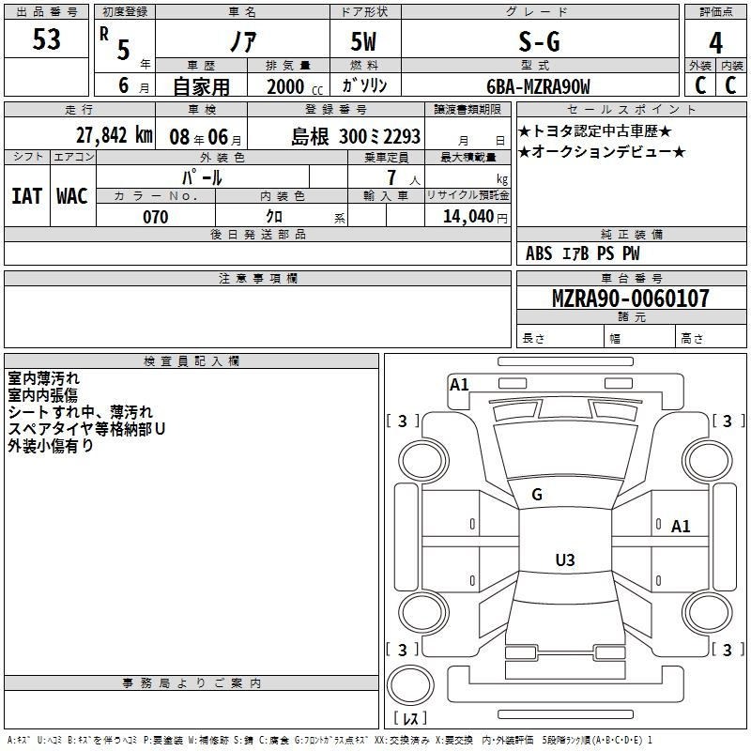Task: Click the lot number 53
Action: pyautogui.click(x=46, y=40)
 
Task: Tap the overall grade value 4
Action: pyautogui.click(x=715, y=43)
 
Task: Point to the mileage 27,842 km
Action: pyautogui.click(x=114, y=135)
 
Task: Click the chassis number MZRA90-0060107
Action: pyautogui.click(x=630, y=299)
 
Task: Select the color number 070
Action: pyautogui.click(x=155, y=217)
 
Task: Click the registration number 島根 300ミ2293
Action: pyautogui.click(x=356, y=136)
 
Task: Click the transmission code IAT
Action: pyautogui.click(x=26, y=196)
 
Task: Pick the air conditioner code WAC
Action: pyautogui.click(x=71, y=196)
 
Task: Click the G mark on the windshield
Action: pyautogui.click(x=537, y=495)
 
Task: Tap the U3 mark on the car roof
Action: pyautogui.click(x=564, y=560)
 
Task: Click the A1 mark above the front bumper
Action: pyautogui.click(x=459, y=384)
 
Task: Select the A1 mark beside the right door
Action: pyautogui.click(x=681, y=527)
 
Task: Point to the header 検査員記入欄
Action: pyautogui.click(x=192, y=361)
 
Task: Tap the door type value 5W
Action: pyautogui.click(x=364, y=41)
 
